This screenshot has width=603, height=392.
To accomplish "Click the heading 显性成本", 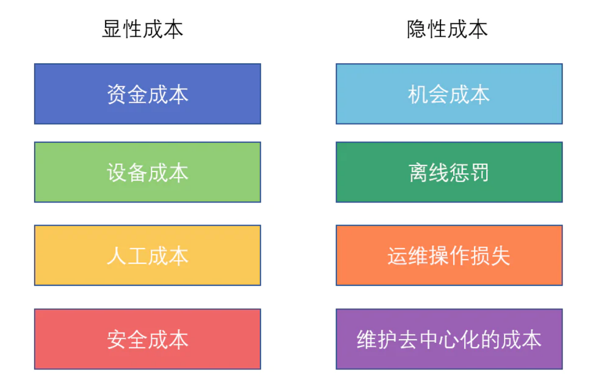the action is pyautogui.click(x=142, y=29).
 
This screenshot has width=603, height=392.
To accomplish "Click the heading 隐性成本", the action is pyautogui.click(x=447, y=29).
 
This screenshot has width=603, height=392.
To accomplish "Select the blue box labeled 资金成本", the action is pyautogui.click(x=148, y=94).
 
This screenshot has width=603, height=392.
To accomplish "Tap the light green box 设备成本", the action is pyautogui.click(x=148, y=172).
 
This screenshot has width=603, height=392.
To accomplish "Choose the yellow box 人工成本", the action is pyautogui.click(x=148, y=255).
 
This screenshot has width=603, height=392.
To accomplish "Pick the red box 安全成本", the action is pyautogui.click(x=148, y=339).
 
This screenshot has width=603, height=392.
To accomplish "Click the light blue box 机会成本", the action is pyautogui.click(x=449, y=94).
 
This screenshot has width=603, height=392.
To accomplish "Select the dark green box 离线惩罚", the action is pyautogui.click(x=449, y=172).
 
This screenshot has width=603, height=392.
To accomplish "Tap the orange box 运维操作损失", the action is pyautogui.click(x=449, y=255).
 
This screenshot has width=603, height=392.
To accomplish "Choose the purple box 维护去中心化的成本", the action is pyautogui.click(x=449, y=339).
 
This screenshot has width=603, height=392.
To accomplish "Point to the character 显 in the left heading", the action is pyautogui.click(x=112, y=29).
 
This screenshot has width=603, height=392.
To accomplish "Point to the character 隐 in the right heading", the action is pyautogui.click(x=417, y=29).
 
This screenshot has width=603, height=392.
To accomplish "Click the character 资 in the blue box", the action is pyautogui.click(x=117, y=94).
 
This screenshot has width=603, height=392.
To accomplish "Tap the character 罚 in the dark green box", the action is pyautogui.click(x=479, y=172).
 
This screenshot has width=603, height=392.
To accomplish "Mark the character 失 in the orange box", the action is pyautogui.click(x=500, y=256).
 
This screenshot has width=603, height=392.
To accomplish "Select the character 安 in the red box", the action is pyautogui.click(x=117, y=340).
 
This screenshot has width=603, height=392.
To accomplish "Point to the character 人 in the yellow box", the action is pyautogui.click(x=117, y=256).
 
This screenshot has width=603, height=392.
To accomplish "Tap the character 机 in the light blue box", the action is pyautogui.click(x=418, y=94).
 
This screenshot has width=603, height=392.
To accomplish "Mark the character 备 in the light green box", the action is pyautogui.click(x=137, y=172).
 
